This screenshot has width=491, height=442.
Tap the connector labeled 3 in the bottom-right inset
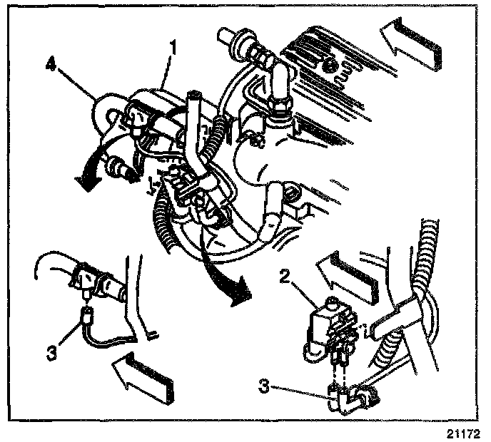(338, 395)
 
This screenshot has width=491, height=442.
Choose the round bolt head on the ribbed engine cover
(330, 68)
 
